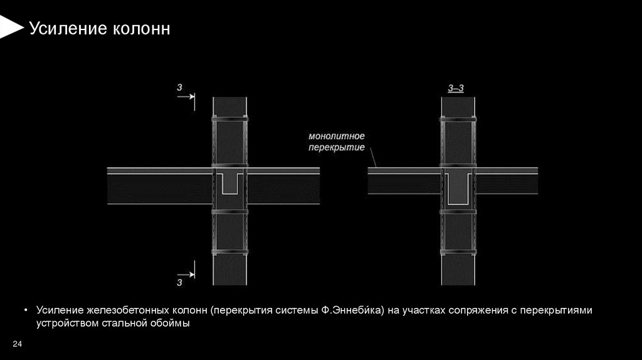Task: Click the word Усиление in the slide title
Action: (x=61, y=29)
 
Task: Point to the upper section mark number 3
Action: (x=179, y=88)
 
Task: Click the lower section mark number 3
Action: (x=179, y=283)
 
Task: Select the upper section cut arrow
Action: (x=186, y=97)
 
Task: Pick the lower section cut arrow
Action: (x=186, y=273)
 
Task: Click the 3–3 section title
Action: (x=456, y=88)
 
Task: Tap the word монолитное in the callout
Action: (x=336, y=135)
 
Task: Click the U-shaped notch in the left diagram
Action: (x=230, y=184)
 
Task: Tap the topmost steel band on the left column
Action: (x=230, y=119)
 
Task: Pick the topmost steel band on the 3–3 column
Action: (x=458, y=119)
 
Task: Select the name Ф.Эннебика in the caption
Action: (x=352, y=311)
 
